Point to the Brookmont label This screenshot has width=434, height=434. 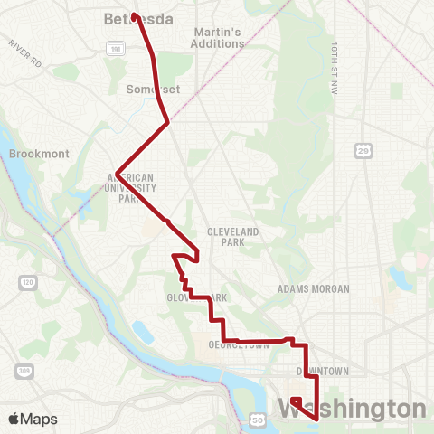click(38, 154)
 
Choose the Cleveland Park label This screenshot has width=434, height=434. click(233, 237)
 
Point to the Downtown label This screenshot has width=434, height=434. click(322, 371)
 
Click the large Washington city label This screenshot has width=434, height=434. click(353, 408)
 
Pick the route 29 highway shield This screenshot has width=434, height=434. click(362, 151)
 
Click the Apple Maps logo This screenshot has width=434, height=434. click(33, 419)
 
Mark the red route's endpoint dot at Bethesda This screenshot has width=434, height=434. click(134, 15)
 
